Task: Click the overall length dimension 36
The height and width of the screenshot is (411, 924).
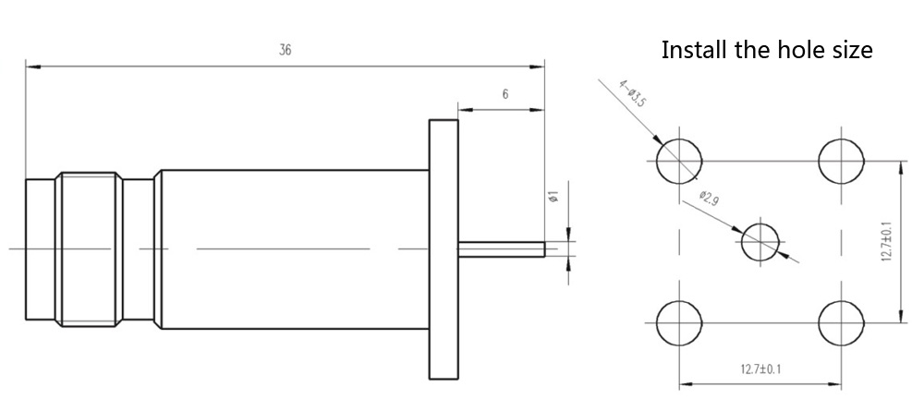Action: (286, 50)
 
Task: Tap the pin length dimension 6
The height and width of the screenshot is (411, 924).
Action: (505, 93)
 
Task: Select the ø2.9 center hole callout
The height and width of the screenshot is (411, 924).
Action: (709, 199)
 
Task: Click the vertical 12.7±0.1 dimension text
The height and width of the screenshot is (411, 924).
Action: (886, 241)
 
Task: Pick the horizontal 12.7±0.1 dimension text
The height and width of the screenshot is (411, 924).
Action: (760, 369)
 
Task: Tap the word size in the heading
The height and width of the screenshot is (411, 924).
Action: (852, 50)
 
